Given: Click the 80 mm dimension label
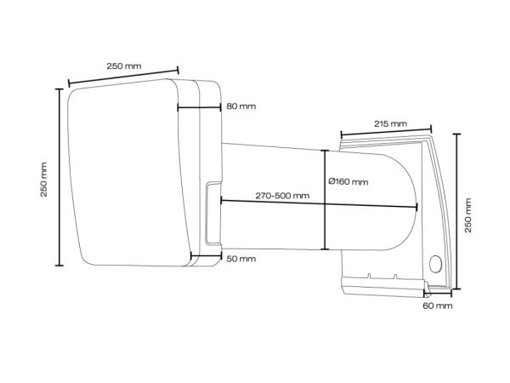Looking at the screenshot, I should pyautogui.click(x=241, y=107).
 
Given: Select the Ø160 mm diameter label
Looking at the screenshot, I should pyautogui.click(x=348, y=180).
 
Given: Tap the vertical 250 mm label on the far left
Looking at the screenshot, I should pyautogui.click(x=44, y=179).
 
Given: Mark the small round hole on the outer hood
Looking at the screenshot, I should pyautogui.click(x=437, y=264).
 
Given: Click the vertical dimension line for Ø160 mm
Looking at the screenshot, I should pyautogui.click(x=324, y=200).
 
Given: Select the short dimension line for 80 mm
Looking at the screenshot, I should pyautogui.click(x=198, y=107).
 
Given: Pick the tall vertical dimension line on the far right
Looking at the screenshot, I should pyautogui.click(x=456, y=212).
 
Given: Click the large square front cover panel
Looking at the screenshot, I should pyautogui.click(x=127, y=174).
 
